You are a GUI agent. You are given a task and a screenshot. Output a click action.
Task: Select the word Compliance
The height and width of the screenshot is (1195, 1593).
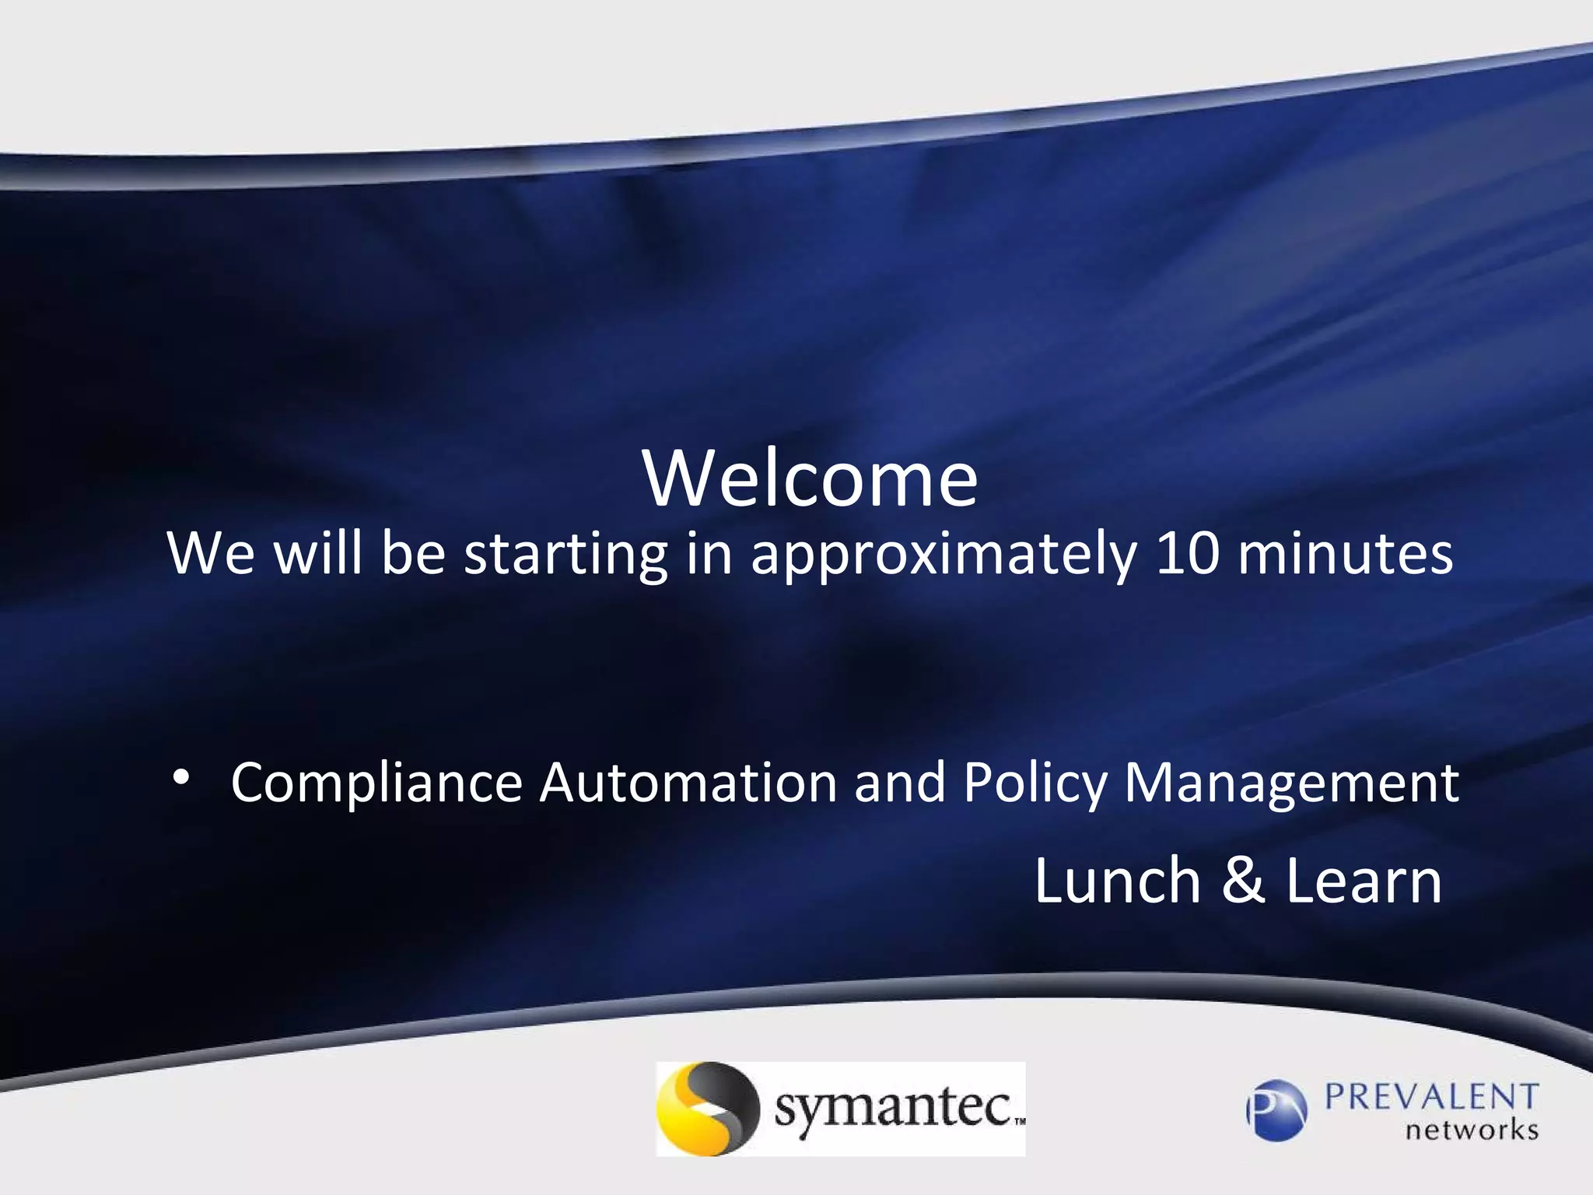(x=376, y=784)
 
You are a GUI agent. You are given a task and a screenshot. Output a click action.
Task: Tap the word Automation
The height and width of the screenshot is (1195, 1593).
(x=688, y=783)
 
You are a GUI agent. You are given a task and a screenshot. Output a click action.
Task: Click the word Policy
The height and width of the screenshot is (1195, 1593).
(x=1034, y=784)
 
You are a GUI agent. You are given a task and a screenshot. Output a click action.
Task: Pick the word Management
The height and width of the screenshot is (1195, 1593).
(x=1291, y=784)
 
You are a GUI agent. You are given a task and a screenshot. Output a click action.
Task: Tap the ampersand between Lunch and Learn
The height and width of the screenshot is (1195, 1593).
(x=1243, y=881)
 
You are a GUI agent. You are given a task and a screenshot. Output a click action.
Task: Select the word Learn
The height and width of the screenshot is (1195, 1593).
(x=1364, y=881)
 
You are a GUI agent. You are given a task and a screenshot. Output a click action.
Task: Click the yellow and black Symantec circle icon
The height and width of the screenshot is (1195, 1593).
(x=706, y=1109)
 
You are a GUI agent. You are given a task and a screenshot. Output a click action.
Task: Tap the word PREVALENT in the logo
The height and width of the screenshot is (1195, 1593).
(x=1431, y=1097)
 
